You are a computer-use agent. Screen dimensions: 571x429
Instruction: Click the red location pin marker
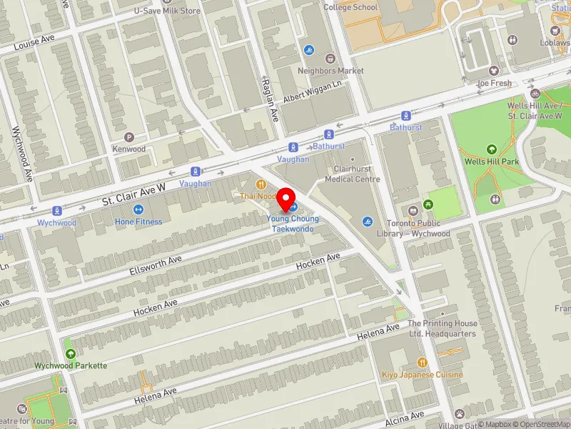(286, 197)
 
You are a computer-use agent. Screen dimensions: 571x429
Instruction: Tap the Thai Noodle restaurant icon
(261, 184)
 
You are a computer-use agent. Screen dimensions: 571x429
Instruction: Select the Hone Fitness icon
(138, 209)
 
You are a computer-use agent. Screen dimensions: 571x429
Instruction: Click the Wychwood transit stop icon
(57, 211)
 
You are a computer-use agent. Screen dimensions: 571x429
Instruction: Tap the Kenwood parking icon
(129, 137)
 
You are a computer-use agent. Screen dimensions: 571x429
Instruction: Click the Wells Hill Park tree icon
(491, 149)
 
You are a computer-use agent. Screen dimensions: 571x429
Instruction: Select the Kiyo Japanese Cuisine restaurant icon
(422, 363)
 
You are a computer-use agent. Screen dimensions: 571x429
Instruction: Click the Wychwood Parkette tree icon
(70, 353)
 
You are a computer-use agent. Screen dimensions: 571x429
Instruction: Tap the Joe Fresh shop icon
(494, 71)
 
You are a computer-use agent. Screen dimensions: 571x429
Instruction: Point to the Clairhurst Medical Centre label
(352, 174)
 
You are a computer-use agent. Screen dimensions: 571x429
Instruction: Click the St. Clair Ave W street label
(133, 188)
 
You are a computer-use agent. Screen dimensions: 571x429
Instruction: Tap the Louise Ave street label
(34, 44)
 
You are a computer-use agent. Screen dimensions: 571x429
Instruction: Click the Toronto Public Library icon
(413, 210)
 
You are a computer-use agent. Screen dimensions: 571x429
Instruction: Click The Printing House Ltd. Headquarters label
(442, 328)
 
